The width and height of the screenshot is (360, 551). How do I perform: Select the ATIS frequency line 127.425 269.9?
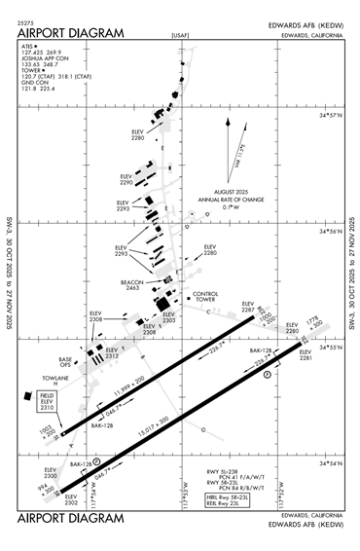(x=41, y=52)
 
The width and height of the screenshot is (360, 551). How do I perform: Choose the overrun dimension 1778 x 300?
(x=313, y=324)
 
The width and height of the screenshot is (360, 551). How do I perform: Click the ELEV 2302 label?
(x=70, y=498)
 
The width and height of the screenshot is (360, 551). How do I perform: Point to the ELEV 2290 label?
(x=126, y=180)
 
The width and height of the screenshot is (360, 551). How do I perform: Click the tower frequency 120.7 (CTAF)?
(x=35, y=75)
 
